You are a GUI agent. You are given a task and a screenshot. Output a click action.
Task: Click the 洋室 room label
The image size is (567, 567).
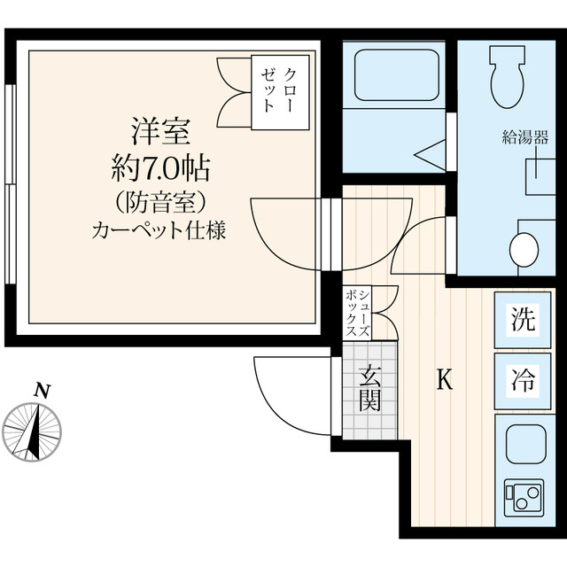coord(160,132)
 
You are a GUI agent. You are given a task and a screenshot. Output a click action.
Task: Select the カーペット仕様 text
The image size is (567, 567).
coord(160,232)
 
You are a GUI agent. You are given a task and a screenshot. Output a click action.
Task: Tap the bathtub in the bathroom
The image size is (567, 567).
coord(397,75)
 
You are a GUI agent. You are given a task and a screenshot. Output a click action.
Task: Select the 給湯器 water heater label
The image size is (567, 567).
coord(525,136)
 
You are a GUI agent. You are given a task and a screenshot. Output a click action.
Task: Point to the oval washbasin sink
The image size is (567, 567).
coord(524,249)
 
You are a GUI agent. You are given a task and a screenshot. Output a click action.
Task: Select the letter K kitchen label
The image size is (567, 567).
coord(446,381)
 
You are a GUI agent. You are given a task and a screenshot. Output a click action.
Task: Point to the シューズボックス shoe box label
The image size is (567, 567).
coord(360,312)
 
